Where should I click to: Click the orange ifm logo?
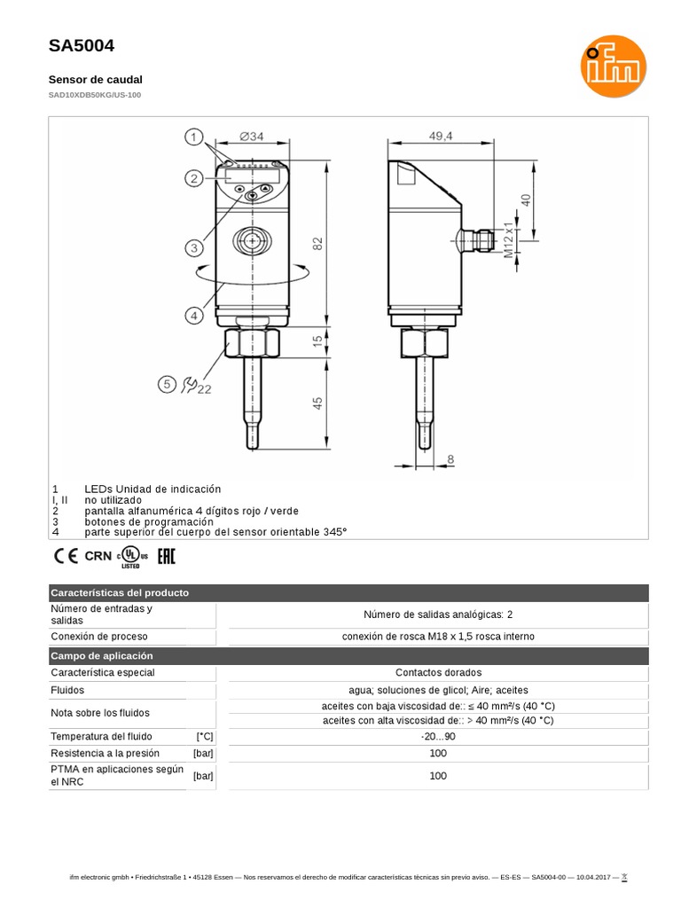pos(614,66)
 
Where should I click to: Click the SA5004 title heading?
pos(82,46)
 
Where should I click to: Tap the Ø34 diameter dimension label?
pos(252,137)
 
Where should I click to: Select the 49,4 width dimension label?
pos(441,136)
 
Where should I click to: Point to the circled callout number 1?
pos(194,137)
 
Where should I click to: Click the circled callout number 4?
pos(194,316)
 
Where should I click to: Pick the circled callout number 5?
pos(167,384)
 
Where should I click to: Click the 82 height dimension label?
pos(317,244)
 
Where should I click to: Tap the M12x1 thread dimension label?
pos(508,239)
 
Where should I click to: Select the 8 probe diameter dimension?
pos(450,459)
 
